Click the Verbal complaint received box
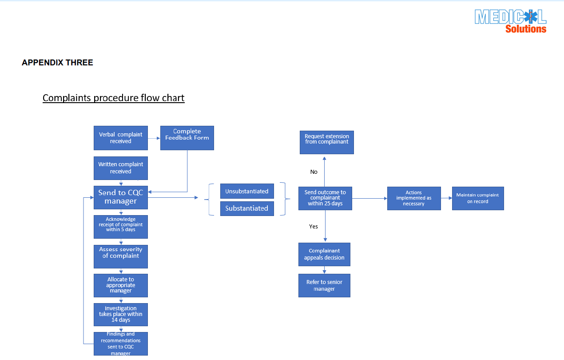point(120,138)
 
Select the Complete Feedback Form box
point(187,138)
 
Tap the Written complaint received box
point(120,168)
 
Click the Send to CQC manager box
point(120,197)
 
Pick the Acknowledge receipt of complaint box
point(120,227)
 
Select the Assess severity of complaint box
point(120,256)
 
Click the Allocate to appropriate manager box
point(120,285)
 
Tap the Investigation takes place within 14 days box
point(120,314)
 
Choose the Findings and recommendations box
point(120,344)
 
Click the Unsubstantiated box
point(247,191)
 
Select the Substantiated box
point(247,208)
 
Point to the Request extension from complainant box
point(326,142)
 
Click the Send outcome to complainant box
point(325,198)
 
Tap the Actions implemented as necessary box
point(414,198)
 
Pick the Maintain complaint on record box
point(478,198)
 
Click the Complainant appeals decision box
point(324,254)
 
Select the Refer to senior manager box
point(324,285)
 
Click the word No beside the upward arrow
point(314,172)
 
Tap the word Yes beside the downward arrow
point(314,227)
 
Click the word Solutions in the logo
point(526,29)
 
